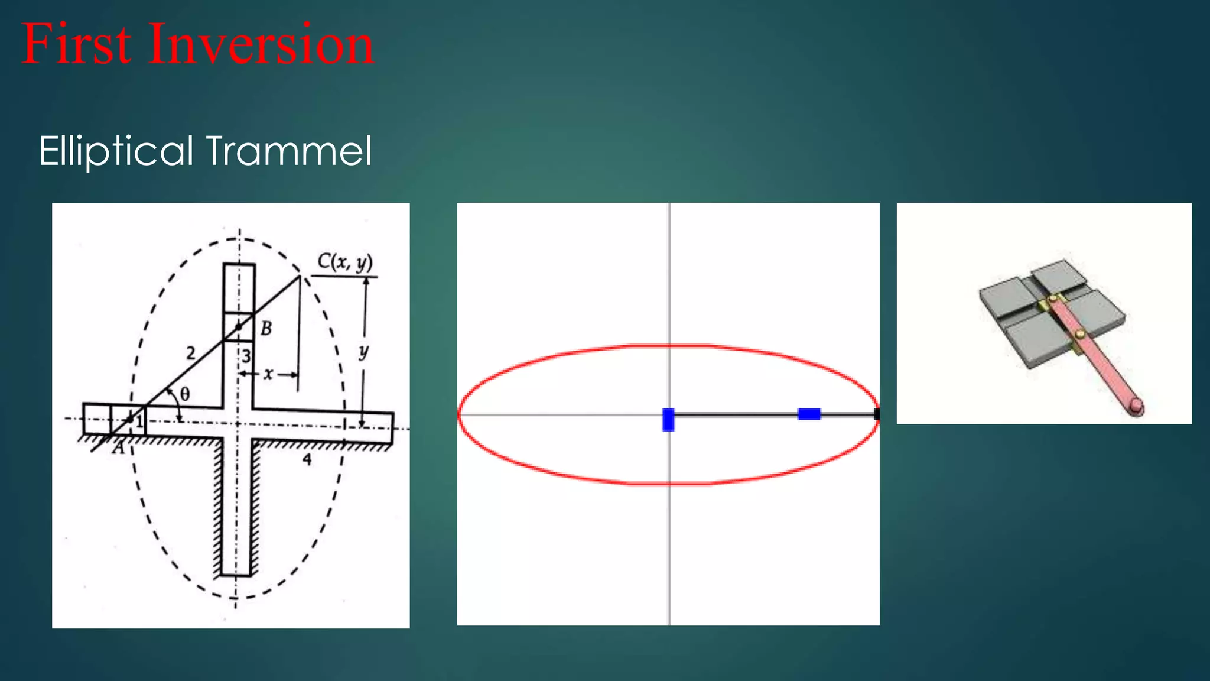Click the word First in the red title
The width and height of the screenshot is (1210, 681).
(76, 44)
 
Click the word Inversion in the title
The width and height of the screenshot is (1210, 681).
(261, 44)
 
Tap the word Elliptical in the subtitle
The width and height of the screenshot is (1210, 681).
(116, 151)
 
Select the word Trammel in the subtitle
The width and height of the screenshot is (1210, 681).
(289, 151)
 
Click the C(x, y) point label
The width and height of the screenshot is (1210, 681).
(345, 262)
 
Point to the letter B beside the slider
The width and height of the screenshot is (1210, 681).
(266, 329)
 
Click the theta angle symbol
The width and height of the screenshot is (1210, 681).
(184, 394)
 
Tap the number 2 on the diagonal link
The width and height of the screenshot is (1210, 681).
(190, 354)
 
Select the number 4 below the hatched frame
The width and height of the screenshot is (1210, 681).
(307, 459)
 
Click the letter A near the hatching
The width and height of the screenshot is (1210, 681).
(119, 449)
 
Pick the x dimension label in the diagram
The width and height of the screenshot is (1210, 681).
(268, 374)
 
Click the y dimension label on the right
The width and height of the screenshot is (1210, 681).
(363, 352)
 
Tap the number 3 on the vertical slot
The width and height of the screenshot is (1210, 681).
(246, 356)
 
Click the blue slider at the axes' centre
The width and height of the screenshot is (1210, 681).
(668, 419)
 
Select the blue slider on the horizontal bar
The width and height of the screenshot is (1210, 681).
(809, 414)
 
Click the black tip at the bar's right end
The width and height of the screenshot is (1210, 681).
(876, 414)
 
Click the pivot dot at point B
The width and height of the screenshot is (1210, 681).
(239, 326)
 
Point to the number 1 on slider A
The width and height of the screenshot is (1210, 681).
(139, 421)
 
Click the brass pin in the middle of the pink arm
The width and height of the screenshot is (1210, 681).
(1080, 335)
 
